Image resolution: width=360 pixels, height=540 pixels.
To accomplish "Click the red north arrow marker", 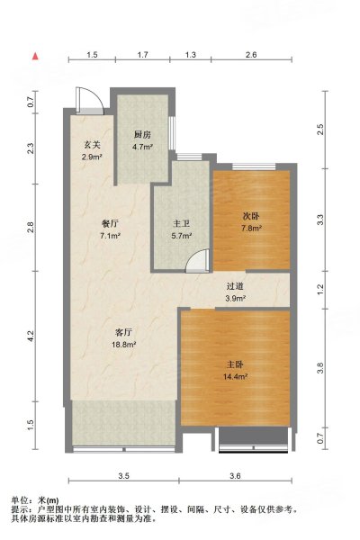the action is (x=35, y=56).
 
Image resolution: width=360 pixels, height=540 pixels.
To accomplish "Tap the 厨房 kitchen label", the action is (x=142, y=135).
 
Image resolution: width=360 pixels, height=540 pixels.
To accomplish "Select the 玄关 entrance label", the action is (x=92, y=145).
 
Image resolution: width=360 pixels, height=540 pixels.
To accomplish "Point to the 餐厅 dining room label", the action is (x=110, y=224).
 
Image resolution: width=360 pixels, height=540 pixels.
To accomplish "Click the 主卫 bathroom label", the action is (x=181, y=224).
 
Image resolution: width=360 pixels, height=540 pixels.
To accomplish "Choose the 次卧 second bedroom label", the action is (x=251, y=216).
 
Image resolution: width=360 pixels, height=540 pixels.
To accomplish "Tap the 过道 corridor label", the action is (x=235, y=286).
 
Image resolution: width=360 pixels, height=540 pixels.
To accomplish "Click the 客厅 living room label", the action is (x=123, y=332).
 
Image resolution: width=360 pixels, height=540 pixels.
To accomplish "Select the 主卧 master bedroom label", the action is (x=235, y=364).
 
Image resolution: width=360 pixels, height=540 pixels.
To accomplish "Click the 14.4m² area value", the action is (x=235, y=377).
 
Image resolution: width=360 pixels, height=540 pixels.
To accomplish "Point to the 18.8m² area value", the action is (x=123, y=345).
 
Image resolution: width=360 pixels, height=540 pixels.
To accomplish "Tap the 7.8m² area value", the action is (x=251, y=228).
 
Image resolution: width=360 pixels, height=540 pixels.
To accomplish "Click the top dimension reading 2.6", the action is (x=251, y=54).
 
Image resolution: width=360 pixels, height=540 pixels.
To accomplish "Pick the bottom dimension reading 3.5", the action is (x=123, y=476).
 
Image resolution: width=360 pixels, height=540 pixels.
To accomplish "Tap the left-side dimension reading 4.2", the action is (x=31, y=336).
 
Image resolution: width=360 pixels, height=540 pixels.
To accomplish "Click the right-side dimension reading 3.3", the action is (x=320, y=220).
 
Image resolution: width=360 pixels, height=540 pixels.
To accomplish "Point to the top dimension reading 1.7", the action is (x=142, y=54).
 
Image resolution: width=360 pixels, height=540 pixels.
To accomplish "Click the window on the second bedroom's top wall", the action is (x=254, y=166).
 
